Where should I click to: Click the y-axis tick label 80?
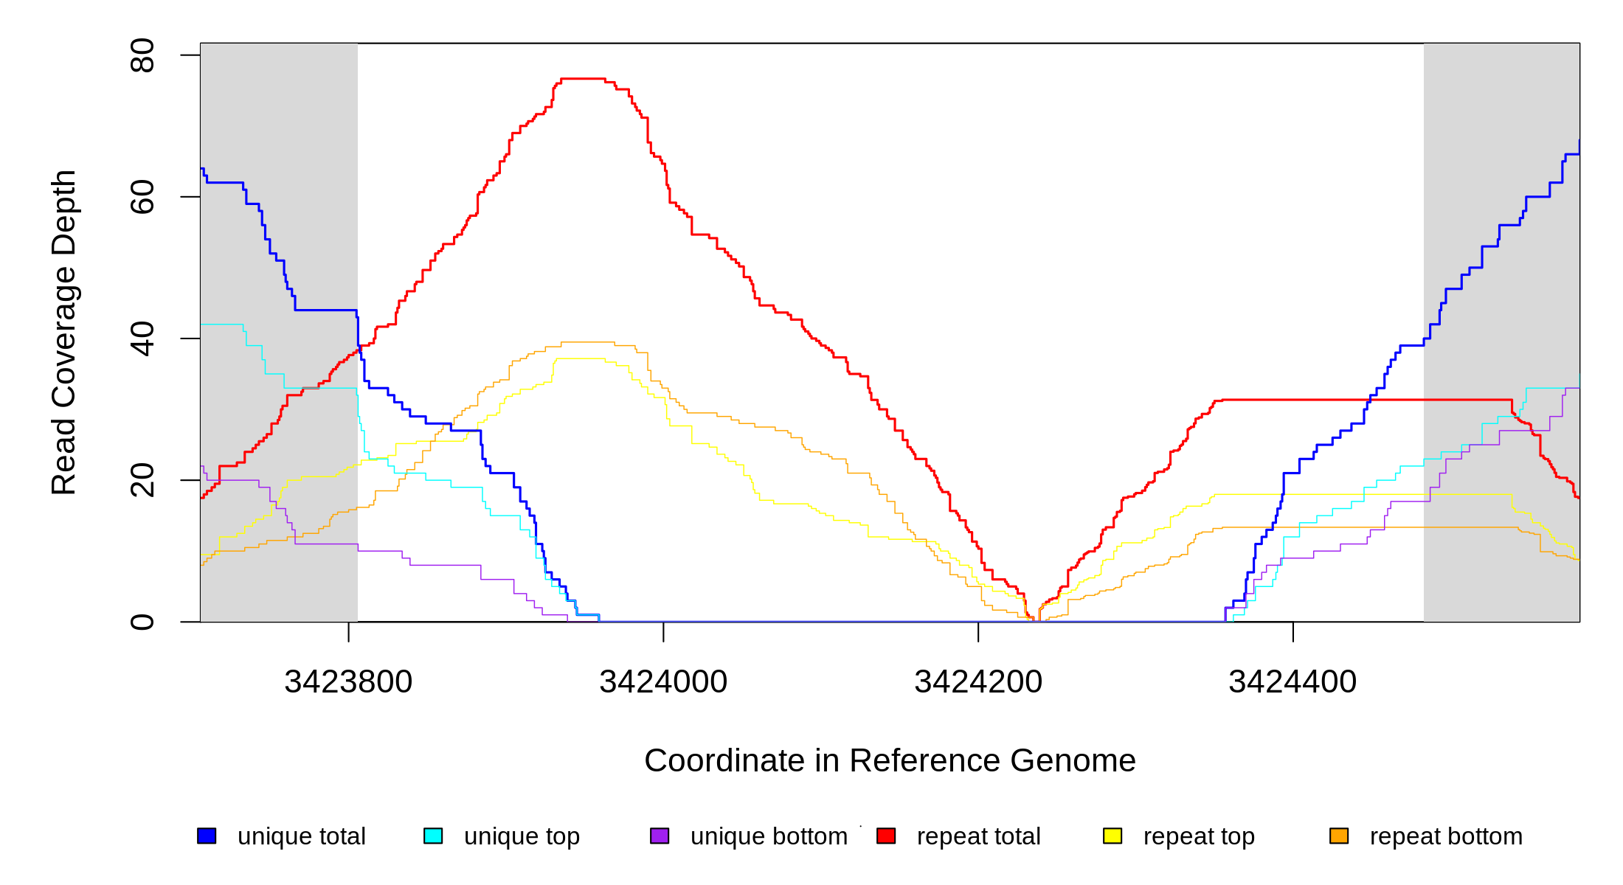(x=142, y=55)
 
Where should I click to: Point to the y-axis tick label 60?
(x=142, y=197)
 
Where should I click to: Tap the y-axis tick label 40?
(x=142, y=339)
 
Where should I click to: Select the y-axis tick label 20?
(x=142, y=480)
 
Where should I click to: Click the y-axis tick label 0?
(x=142, y=622)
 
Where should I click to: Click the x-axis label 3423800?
(x=348, y=681)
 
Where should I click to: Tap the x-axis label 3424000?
(x=663, y=681)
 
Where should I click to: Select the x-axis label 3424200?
(x=978, y=681)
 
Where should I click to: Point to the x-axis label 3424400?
(x=1292, y=681)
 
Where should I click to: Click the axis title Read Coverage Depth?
(x=63, y=332)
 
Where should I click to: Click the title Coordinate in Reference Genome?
(x=890, y=760)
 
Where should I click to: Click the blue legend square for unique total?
(x=207, y=836)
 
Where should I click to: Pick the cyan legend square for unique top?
(x=433, y=836)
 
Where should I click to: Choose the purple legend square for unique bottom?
(x=660, y=836)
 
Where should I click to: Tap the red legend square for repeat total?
(x=886, y=836)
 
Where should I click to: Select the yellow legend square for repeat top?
(x=1112, y=836)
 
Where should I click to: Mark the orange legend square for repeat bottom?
(x=1339, y=836)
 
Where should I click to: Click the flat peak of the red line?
(x=583, y=78)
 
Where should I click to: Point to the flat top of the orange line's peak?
(x=587, y=342)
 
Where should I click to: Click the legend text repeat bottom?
(x=1446, y=836)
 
